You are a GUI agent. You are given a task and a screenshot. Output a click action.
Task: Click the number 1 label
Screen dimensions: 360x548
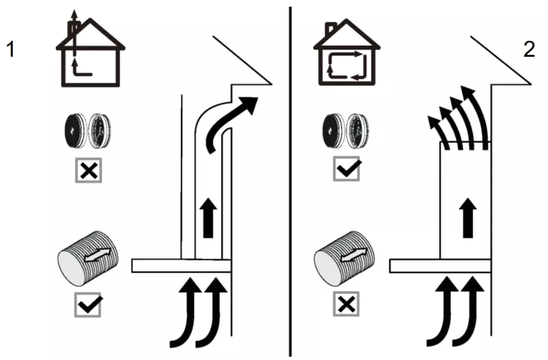pos(10,50)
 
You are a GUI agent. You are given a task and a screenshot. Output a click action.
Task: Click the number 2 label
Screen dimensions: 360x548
pos(529,50)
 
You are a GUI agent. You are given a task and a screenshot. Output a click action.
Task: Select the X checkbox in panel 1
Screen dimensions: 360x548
pos(89,171)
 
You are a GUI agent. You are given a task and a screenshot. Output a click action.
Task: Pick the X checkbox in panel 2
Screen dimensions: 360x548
pos(346,304)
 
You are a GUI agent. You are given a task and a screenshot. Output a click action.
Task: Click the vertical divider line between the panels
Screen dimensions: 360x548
pos(291,178)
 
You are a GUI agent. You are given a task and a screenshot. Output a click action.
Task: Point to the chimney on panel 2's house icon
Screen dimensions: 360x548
pos(331,27)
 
